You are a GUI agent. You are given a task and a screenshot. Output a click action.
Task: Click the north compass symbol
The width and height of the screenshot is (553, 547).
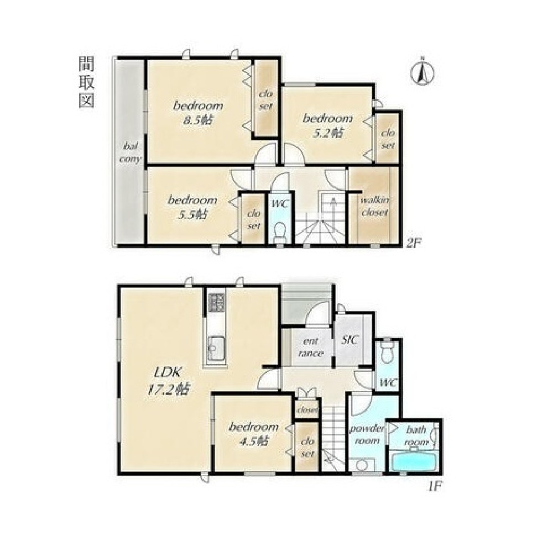click(422, 73)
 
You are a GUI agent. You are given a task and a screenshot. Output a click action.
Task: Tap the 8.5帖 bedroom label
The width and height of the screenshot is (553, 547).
click(198, 112)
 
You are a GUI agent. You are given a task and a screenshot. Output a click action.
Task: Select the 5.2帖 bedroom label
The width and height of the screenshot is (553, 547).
click(327, 125)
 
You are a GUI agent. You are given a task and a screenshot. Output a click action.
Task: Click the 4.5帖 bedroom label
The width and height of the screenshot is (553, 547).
click(254, 434)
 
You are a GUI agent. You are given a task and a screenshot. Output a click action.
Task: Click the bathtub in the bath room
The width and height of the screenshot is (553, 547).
click(415, 461)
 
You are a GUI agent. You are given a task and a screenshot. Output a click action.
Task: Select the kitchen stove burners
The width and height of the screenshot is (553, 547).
click(216, 302)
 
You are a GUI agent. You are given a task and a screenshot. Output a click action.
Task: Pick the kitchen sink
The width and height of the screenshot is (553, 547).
click(215, 348)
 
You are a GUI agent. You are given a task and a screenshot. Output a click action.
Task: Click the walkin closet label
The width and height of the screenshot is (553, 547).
click(374, 207)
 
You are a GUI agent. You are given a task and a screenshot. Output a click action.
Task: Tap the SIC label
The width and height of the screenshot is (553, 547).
click(350, 340)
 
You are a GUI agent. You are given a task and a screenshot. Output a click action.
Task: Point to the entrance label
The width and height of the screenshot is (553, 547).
click(310, 347)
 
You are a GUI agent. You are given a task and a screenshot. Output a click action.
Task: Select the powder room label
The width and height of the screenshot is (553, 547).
click(367, 435)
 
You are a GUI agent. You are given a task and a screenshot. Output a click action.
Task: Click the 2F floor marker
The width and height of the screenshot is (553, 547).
click(413, 243)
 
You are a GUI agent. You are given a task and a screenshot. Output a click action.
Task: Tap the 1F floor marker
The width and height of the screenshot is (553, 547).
click(435, 487)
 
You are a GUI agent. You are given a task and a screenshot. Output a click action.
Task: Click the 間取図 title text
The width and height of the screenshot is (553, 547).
click(86, 82)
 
